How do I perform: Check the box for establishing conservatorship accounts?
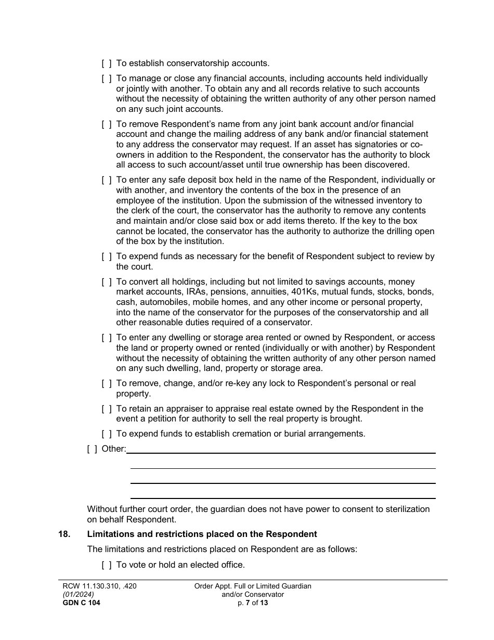[106, 63]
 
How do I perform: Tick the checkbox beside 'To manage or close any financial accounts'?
[106, 79]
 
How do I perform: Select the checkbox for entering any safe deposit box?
[106, 180]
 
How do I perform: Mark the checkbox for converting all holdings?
[106, 282]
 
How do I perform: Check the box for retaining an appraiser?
[106, 409]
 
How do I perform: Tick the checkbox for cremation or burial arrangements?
[106, 434]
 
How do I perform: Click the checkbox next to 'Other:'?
[92, 449]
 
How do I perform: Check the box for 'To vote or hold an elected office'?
[106, 565]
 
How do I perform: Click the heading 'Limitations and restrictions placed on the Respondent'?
[202, 534]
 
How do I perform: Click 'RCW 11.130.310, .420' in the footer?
[99, 586]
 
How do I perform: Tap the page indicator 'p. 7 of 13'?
[252, 603]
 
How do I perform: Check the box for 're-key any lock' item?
[106, 383]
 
